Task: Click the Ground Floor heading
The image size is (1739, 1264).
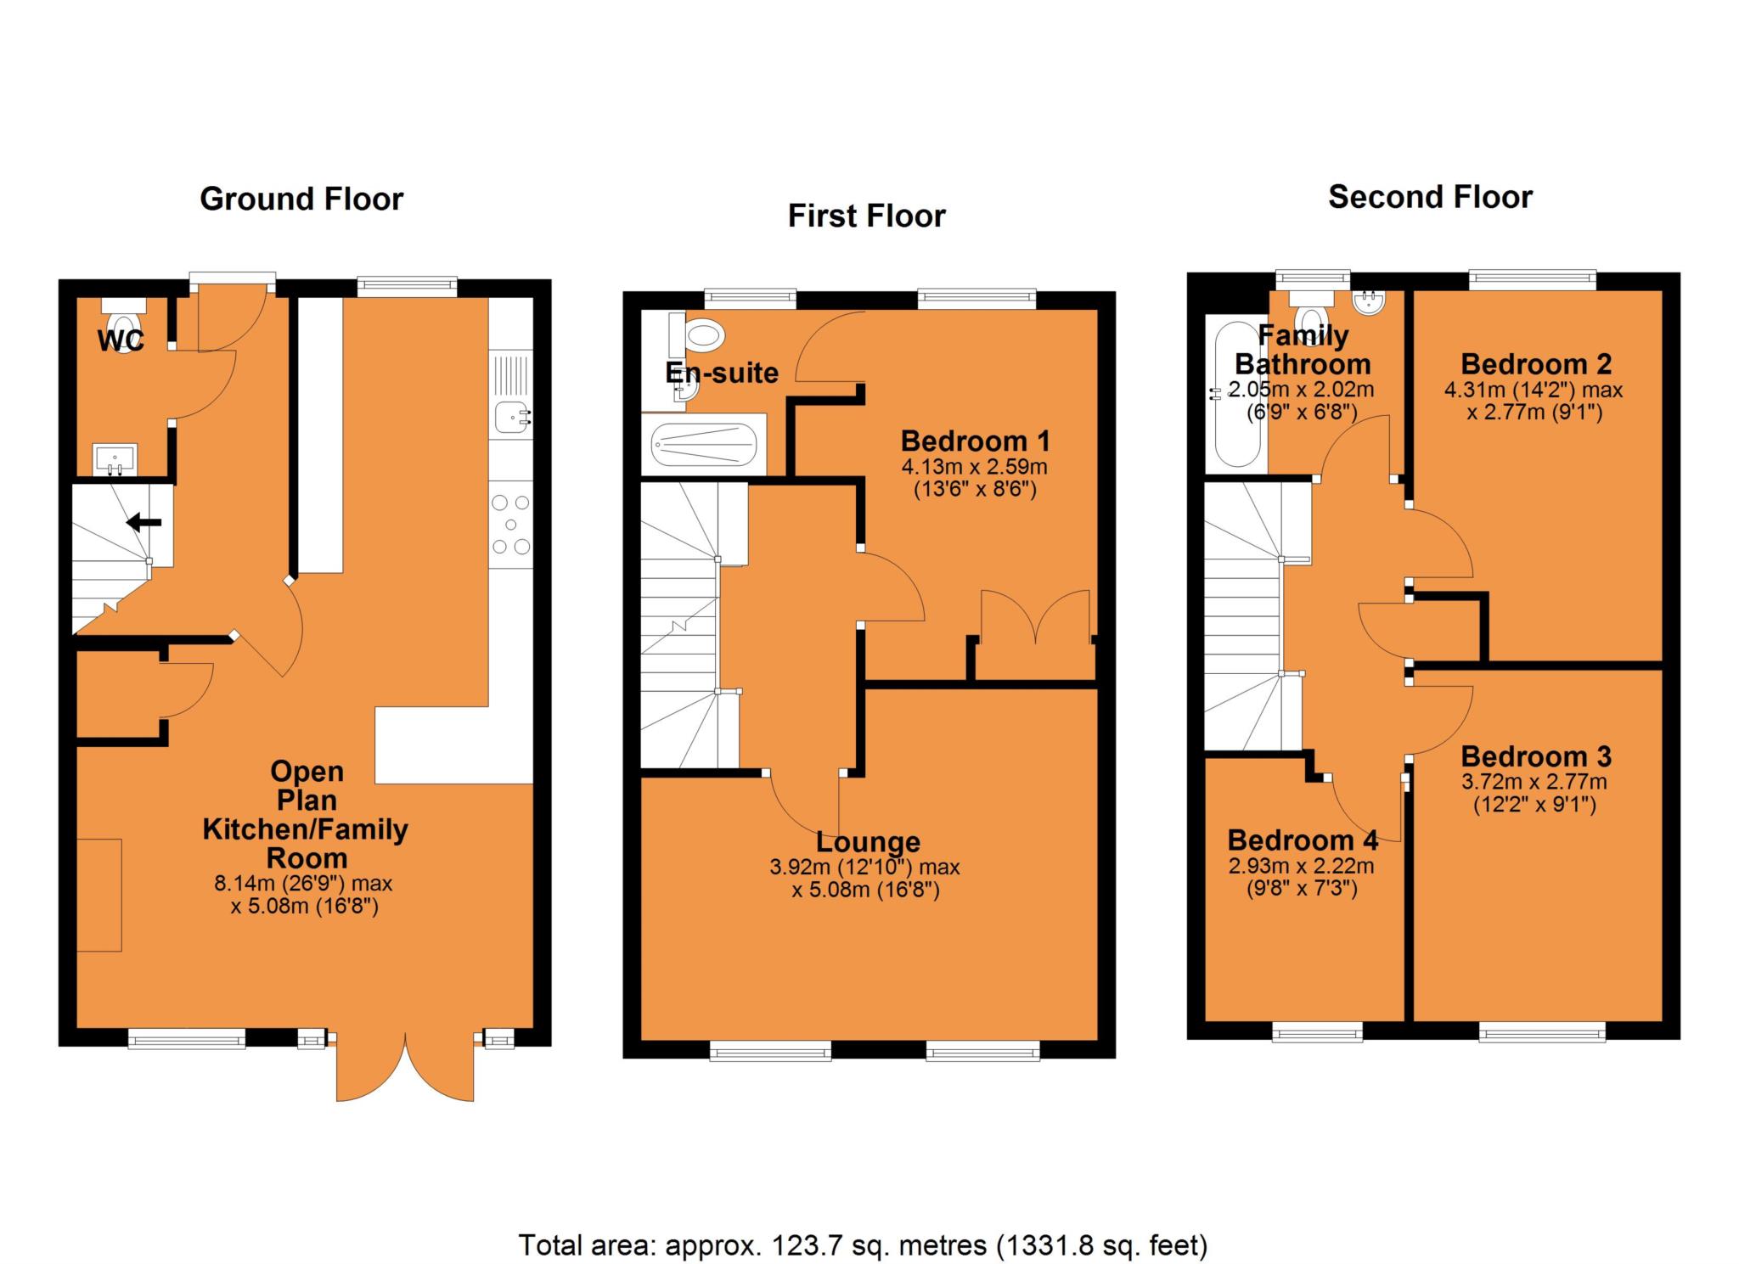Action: click(x=301, y=199)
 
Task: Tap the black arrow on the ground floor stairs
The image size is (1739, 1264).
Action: click(x=144, y=522)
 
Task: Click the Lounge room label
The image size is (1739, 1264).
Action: click(x=868, y=842)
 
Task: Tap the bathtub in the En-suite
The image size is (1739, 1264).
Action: click(x=703, y=446)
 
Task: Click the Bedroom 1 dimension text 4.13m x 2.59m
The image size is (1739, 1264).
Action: click(x=974, y=466)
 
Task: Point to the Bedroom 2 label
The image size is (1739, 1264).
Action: click(x=1535, y=364)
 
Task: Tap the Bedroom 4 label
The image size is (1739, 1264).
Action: click(x=1303, y=840)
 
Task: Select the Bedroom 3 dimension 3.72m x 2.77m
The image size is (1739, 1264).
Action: click(x=1534, y=782)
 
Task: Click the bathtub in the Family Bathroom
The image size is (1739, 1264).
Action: click(x=1235, y=393)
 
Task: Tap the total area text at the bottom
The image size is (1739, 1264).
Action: click(x=863, y=1245)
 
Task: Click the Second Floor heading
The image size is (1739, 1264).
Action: click(x=1430, y=197)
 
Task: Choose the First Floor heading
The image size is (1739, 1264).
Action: click(x=866, y=216)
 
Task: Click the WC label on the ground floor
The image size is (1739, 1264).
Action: click(x=121, y=341)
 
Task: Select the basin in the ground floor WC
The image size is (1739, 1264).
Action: click(x=115, y=459)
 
